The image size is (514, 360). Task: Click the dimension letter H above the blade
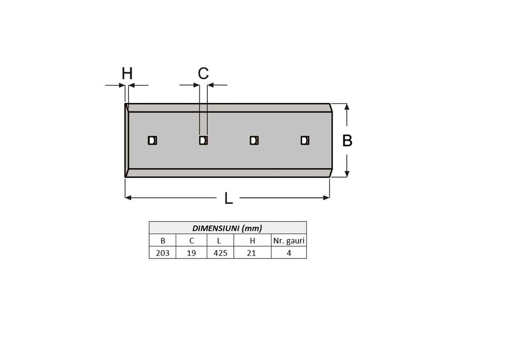(x=127, y=73)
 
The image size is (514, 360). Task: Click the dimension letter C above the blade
(x=203, y=73)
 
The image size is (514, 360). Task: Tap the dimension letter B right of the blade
(x=347, y=141)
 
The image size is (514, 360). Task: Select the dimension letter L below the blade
(x=228, y=198)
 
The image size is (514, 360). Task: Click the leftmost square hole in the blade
(x=153, y=140)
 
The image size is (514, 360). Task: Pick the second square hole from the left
(x=203, y=140)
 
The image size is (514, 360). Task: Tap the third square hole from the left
(x=254, y=140)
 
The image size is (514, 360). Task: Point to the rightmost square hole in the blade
(x=305, y=140)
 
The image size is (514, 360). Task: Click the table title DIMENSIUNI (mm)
(x=227, y=228)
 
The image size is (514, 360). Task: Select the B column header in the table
(x=163, y=241)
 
